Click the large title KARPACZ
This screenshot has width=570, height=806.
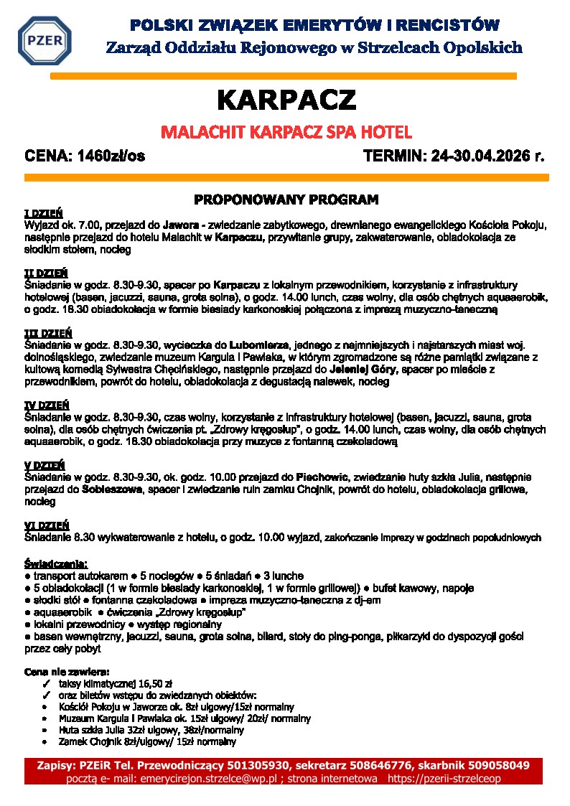coord(286,100)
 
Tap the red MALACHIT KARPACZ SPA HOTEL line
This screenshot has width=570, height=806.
coord(286,133)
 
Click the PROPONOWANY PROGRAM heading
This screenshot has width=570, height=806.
coord(286,199)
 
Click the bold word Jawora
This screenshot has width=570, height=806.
coord(180,225)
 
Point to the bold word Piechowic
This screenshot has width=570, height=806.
coord(322,477)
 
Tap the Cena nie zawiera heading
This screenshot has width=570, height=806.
coord(67,673)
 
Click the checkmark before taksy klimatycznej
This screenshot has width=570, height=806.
coord(45,685)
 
